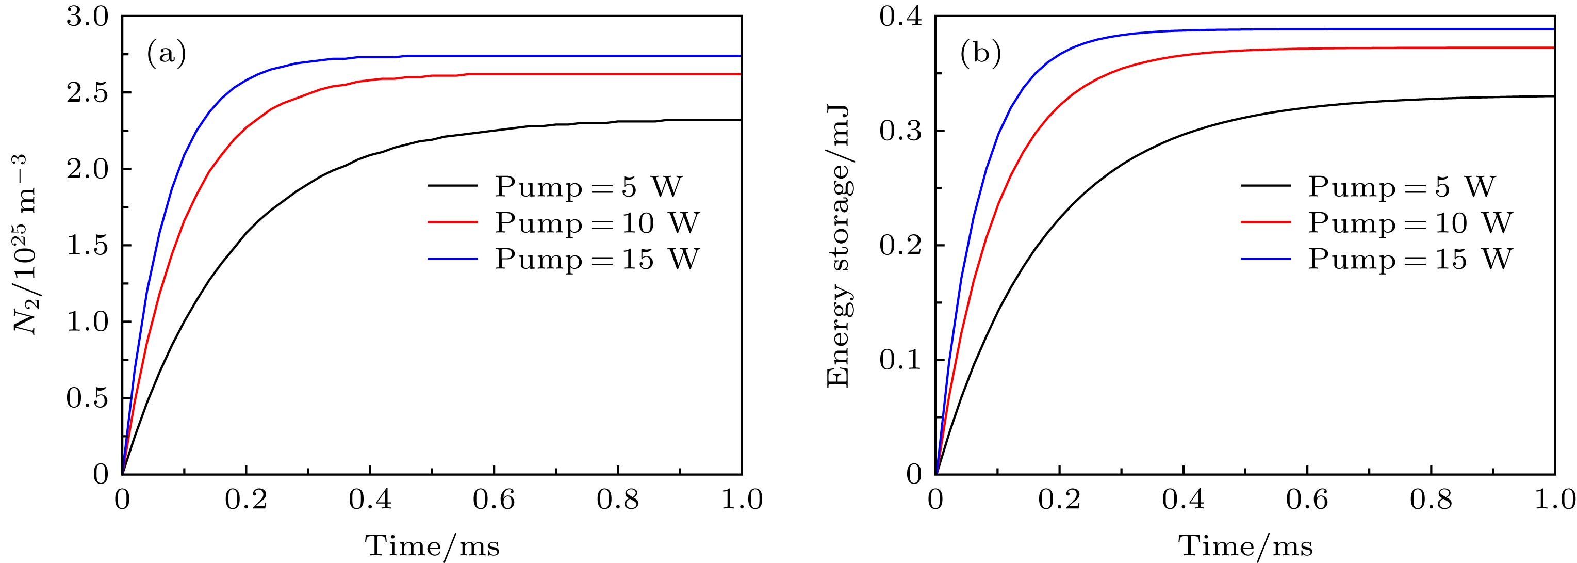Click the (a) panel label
coord(166,55)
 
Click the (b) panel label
coord(980,55)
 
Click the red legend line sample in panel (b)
coord(1266,223)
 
